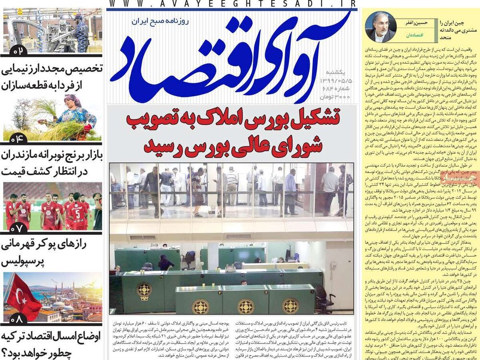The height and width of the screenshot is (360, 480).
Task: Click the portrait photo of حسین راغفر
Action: (381, 27)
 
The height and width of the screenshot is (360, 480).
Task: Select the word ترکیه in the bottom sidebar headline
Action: (19, 336)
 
